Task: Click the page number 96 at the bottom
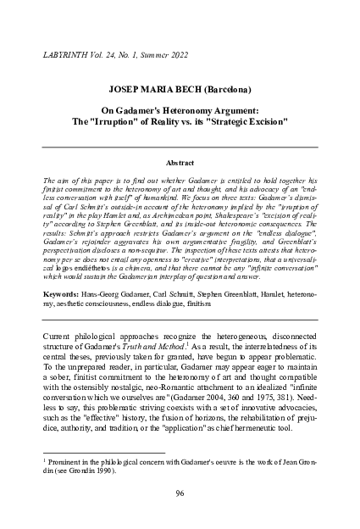coord(180,493)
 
